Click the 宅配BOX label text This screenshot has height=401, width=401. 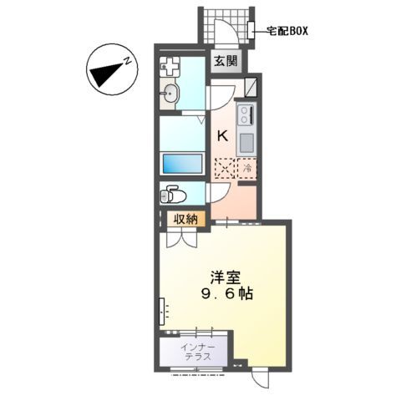(288, 31)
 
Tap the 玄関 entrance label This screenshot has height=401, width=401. (223, 61)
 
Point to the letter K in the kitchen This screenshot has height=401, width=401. (223, 135)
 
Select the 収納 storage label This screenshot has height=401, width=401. (185, 219)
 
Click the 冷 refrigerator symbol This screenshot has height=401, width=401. (248, 168)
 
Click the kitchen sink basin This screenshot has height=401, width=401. (247, 142)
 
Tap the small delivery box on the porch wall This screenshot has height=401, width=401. (252, 31)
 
